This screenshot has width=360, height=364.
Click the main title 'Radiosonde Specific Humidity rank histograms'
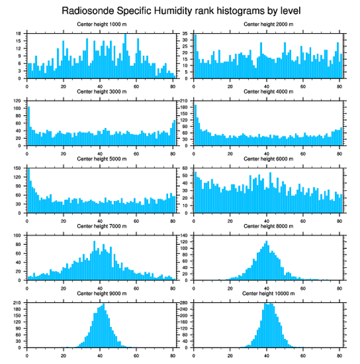(x=181, y=10)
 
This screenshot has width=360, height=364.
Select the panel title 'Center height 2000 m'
(x=268, y=24)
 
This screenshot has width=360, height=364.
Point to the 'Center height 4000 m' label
(x=268, y=91)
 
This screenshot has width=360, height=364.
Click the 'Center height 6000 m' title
(x=268, y=159)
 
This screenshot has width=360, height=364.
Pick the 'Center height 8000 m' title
(x=268, y=226)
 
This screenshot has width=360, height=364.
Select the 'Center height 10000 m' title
(x=268, y=293)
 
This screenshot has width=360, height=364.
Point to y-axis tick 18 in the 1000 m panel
(x=19, y=34)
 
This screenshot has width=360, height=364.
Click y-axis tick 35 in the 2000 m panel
(x=185, y=34)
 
